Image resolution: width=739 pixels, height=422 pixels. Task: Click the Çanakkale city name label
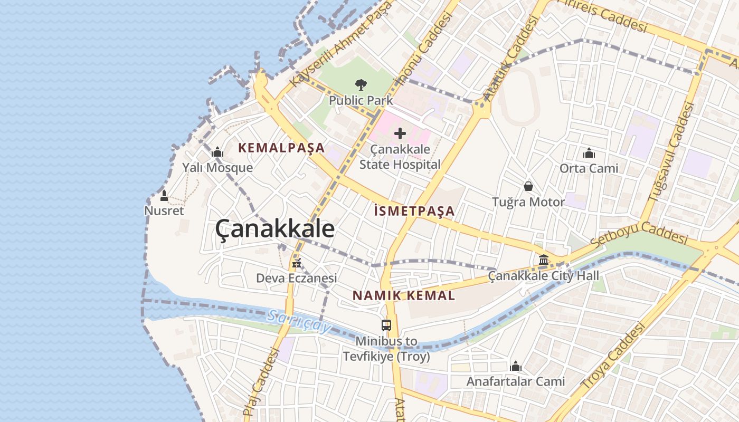click(274, 229)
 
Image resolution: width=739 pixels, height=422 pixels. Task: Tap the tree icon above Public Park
click(361, 84)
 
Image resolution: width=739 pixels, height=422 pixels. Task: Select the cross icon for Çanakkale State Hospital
click(400, 133)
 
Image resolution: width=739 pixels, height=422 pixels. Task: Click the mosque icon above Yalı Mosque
click(217, 153)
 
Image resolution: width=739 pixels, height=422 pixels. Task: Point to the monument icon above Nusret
click(164, 196)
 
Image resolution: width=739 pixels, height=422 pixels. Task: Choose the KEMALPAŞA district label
click(281, 148)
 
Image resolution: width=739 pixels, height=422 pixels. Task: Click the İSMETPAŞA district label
click(414, 211)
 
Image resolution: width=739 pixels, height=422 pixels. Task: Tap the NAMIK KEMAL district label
click(404, 295)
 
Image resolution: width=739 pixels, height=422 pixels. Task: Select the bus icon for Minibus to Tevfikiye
click(386, 325)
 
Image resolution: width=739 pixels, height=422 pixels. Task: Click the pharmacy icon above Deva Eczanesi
click(297, 262)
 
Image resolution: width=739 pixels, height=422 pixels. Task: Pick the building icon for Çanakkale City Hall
click(544, 260)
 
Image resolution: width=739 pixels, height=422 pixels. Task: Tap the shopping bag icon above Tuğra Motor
click(528, 186)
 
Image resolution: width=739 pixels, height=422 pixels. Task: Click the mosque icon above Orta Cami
click(589, 154)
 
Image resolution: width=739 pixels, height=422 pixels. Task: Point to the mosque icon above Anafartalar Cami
click(516, 366)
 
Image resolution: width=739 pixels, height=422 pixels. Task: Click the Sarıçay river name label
click(298, 321)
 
